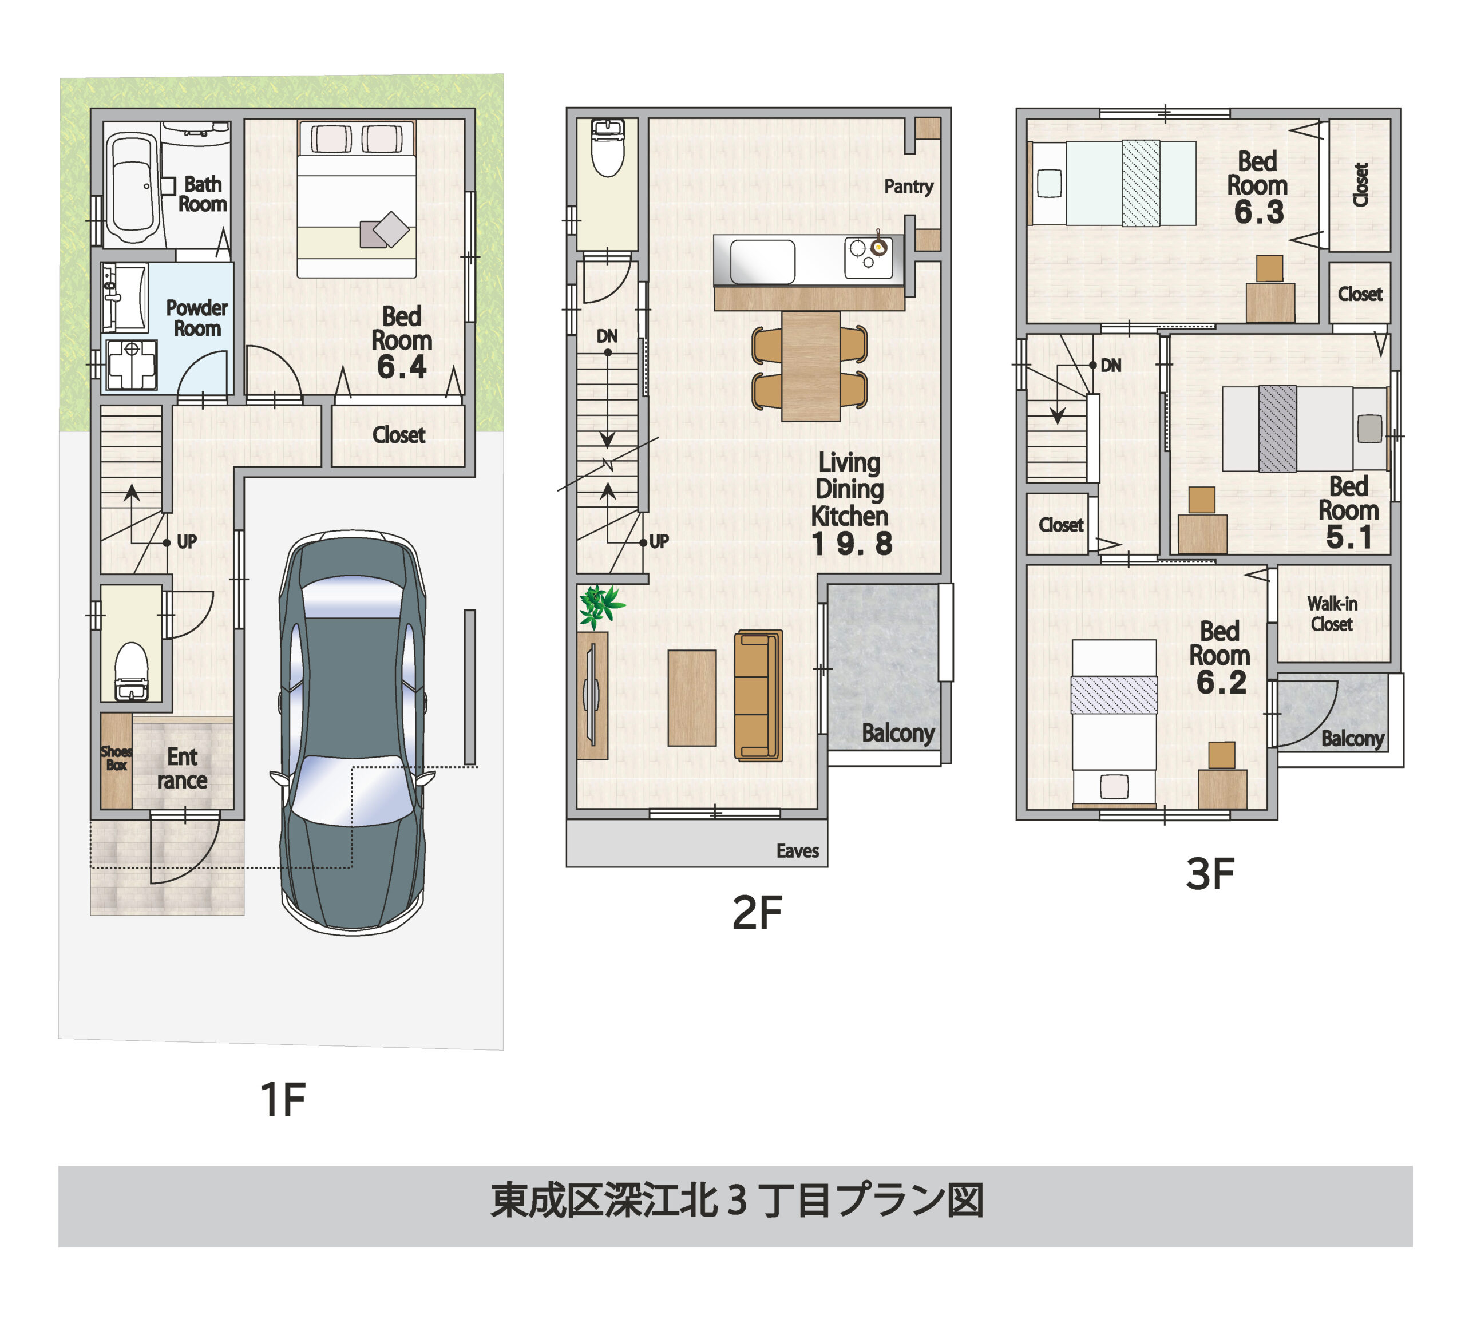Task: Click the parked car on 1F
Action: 353,734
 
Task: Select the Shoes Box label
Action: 116,758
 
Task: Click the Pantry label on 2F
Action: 908,187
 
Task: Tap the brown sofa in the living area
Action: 758,695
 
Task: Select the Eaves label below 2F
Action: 797,851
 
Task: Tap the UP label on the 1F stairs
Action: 187,542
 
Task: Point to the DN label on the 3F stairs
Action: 1110,366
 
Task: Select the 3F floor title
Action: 1210,873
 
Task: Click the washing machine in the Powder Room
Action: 132,365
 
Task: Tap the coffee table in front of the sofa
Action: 692,698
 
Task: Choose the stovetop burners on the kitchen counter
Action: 868,256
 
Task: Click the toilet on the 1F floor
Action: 132,668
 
